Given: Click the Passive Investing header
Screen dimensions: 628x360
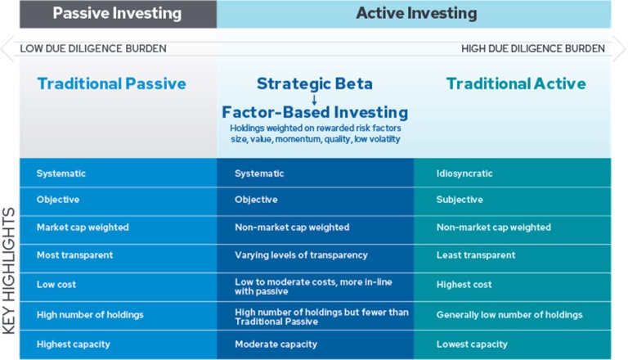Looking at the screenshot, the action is [118, 13].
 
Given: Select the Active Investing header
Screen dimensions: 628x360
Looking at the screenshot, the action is [416, 13].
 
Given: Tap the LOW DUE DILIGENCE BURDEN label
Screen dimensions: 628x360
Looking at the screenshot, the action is [93, 48].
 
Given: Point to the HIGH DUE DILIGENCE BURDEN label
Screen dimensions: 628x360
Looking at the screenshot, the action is [533, 48].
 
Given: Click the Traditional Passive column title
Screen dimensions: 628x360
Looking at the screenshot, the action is [112, 83].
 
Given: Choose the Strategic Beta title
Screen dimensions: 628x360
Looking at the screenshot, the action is [315, 83].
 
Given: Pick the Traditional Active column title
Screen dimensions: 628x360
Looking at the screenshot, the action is [516, 83].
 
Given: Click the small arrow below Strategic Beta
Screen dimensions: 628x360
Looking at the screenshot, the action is [314, 100].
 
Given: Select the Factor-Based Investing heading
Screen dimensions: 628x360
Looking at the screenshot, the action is [315, 112].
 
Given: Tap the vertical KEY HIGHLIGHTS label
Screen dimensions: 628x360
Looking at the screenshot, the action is [9, 271].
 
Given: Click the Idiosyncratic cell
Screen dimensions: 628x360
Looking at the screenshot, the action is [464, 173].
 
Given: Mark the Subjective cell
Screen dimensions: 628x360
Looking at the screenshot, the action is [460, 200].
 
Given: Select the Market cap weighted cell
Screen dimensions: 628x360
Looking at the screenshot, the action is [83, 227].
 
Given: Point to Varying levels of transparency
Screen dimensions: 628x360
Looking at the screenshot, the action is [301, 255].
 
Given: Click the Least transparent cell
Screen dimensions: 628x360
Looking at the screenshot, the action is [476, 255].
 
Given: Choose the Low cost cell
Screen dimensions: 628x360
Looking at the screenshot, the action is [56, 285].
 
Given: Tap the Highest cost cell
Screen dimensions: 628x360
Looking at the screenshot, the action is [464, 285].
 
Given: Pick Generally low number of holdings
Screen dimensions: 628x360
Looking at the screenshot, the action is [509, 315].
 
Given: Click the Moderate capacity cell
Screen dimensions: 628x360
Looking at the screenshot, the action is [276, 344].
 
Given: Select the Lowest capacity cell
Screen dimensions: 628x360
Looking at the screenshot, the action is [472, 344].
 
